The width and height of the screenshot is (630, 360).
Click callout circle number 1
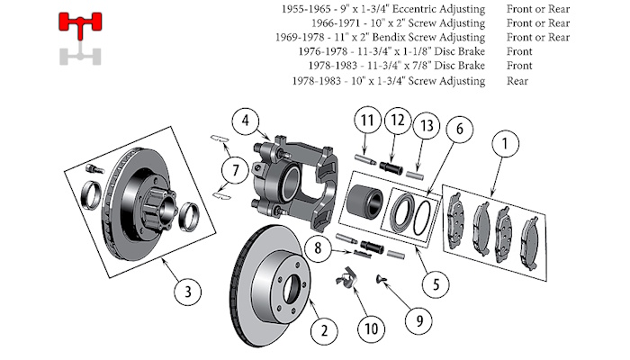[x=505, y=142]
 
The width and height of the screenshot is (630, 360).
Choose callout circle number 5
[x=436, y=283]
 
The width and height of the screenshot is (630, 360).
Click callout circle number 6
[x=458, y=130]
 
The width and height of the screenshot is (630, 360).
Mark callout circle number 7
[x=234, y=167]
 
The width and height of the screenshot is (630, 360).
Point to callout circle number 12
[x=395, y=120]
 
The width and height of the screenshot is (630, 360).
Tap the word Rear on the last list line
[x=517, y=81]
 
